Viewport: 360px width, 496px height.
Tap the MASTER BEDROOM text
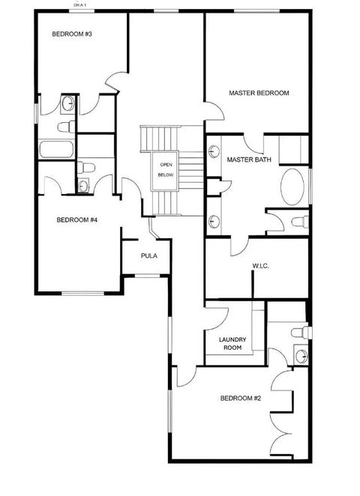(x=259, y=93)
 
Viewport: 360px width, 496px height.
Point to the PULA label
(x=148, y=256)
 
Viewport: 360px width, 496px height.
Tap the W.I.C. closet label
(x=260, y=267)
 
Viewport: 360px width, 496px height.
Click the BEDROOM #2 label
(x=240, y=398)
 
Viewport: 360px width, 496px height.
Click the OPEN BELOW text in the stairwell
(x=164, y=169)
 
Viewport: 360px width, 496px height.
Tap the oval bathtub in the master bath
(x=293, y=187)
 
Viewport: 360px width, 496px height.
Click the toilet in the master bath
(x=298, y=221)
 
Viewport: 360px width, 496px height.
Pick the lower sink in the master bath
(x=214, y=221)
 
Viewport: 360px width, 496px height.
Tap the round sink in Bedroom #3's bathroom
(x=67, y=103)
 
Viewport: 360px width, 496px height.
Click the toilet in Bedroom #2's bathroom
(x=299, y=332)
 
